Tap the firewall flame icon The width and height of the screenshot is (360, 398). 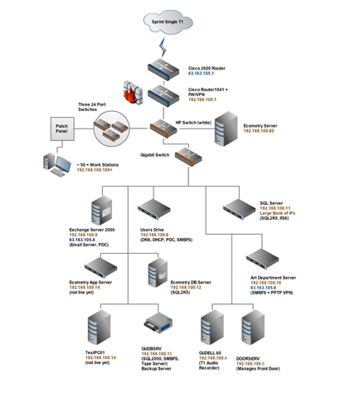point(132,91)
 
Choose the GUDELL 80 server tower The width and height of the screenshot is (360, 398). point(213,329)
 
